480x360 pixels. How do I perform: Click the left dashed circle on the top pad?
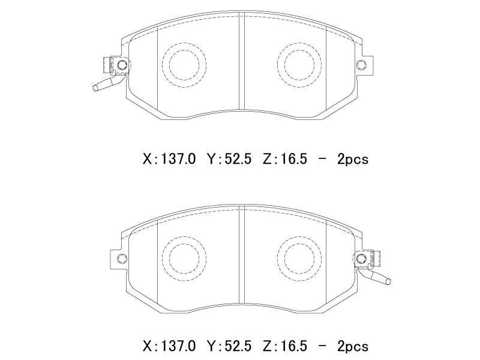(x=163, y=65)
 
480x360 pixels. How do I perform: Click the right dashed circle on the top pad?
(x=278, y=65)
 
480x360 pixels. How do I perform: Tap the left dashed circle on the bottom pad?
(x=163, y=259)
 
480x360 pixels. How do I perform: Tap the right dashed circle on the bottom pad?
(x=278, y=259)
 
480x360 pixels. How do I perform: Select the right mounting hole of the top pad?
(x=361, y=65)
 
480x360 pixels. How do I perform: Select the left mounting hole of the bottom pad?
(x=122, y=259)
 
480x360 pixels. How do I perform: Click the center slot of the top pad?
(x=242, y=61)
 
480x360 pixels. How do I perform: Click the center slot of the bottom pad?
(x=242, y=256)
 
